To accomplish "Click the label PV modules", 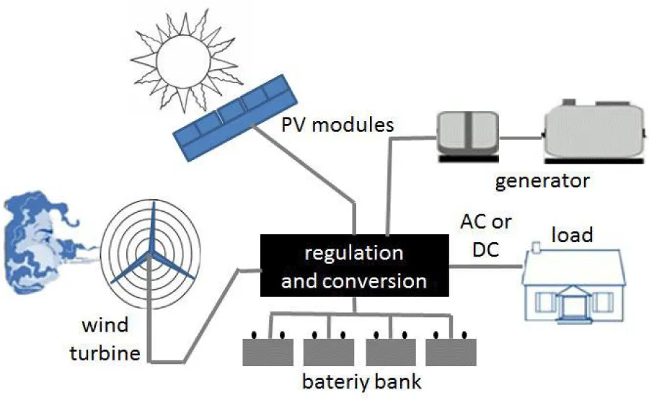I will [338, 125].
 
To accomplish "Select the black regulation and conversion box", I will [354, 266].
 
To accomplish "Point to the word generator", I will [542, 180].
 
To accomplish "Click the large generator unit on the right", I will [591, 130].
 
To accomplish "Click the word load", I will [571, 235].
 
